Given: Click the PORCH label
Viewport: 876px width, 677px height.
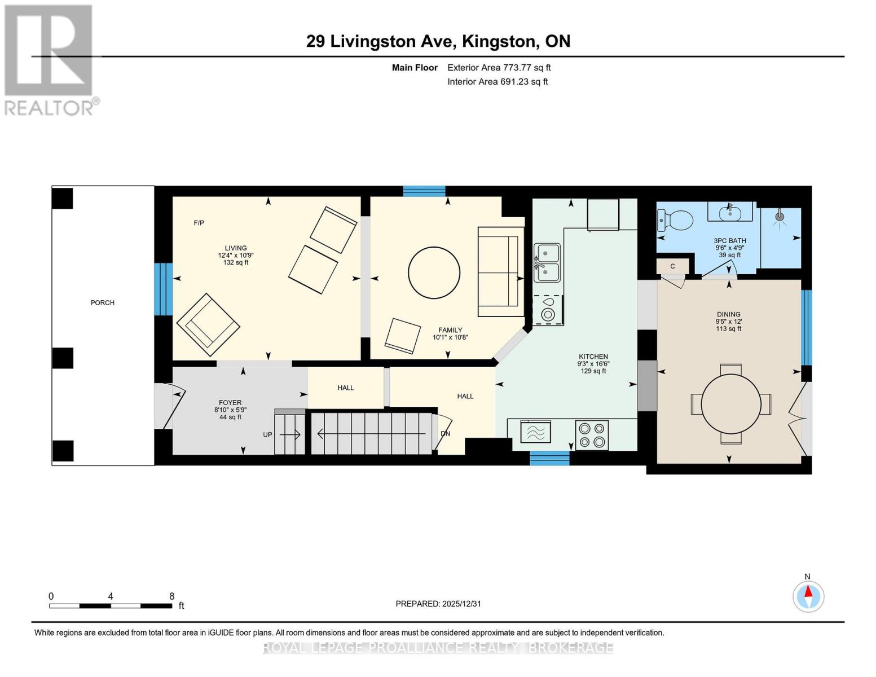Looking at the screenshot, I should (x=103, y=303).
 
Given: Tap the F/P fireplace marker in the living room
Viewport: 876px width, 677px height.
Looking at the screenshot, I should (x=199, y=223).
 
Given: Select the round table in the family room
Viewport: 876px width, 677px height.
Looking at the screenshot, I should (x=434, y=272).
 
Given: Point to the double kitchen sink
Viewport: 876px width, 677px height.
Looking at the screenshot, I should (x=547, y=263).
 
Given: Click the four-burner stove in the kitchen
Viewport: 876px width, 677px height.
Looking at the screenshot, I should (x=592, y=435).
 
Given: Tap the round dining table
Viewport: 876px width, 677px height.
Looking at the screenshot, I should (x=731, y=404).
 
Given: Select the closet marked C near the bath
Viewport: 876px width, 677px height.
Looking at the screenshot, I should (x=672, y=266).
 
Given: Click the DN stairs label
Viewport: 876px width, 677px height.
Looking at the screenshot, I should (x=445, y=434).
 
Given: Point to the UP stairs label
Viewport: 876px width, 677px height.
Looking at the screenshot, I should (x=268, y=435).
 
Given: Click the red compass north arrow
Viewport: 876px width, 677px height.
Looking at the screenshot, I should (x=808, y=593).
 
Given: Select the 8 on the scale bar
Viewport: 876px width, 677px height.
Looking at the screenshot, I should (x=172, y=596).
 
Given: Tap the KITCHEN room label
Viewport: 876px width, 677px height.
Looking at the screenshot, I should (x=593, y=357).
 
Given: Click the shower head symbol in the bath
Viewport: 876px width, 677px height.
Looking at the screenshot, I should (x=780, y=217).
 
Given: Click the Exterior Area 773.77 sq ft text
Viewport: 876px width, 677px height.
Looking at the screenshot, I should (x=499, y=68).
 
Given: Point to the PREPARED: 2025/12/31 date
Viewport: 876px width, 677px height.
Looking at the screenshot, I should (x=438, y=604).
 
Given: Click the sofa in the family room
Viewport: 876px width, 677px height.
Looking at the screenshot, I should (x=500, y=272).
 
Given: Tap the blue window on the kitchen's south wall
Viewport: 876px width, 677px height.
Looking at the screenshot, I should (x=549, y=458).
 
